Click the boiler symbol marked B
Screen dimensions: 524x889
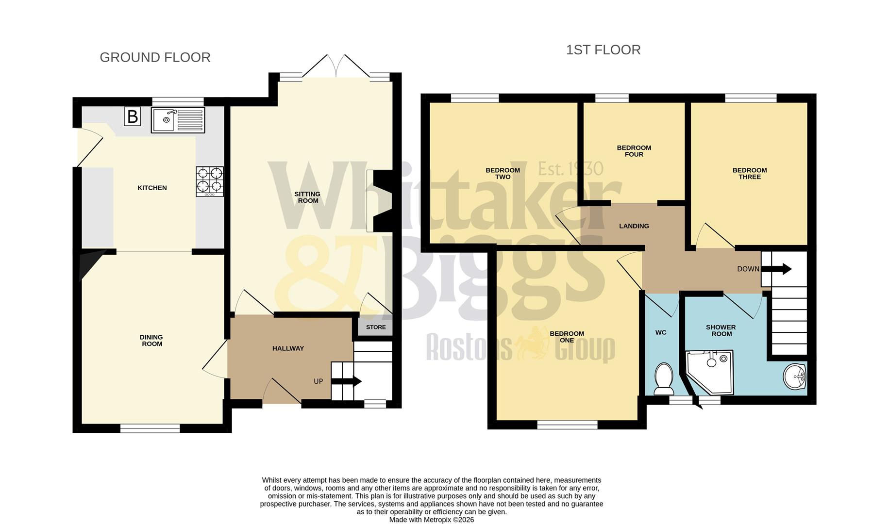132,116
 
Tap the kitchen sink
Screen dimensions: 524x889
178,120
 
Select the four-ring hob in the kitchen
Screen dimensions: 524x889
210,181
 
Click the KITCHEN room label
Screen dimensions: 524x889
152,188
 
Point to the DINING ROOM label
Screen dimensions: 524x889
151,341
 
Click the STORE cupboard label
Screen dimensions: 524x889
376,327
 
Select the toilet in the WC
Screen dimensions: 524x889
663,378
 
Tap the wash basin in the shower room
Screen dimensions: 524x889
795,376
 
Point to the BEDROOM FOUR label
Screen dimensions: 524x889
634,151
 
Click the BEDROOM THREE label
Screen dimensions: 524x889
749,173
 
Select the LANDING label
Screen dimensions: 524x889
634,226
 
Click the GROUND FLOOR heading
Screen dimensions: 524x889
155,57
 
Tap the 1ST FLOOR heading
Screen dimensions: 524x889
603,50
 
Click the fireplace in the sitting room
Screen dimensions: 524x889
380,200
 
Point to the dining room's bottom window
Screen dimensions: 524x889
150,428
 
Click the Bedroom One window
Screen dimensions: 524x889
567,425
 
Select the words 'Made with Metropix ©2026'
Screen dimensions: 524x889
431,520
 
